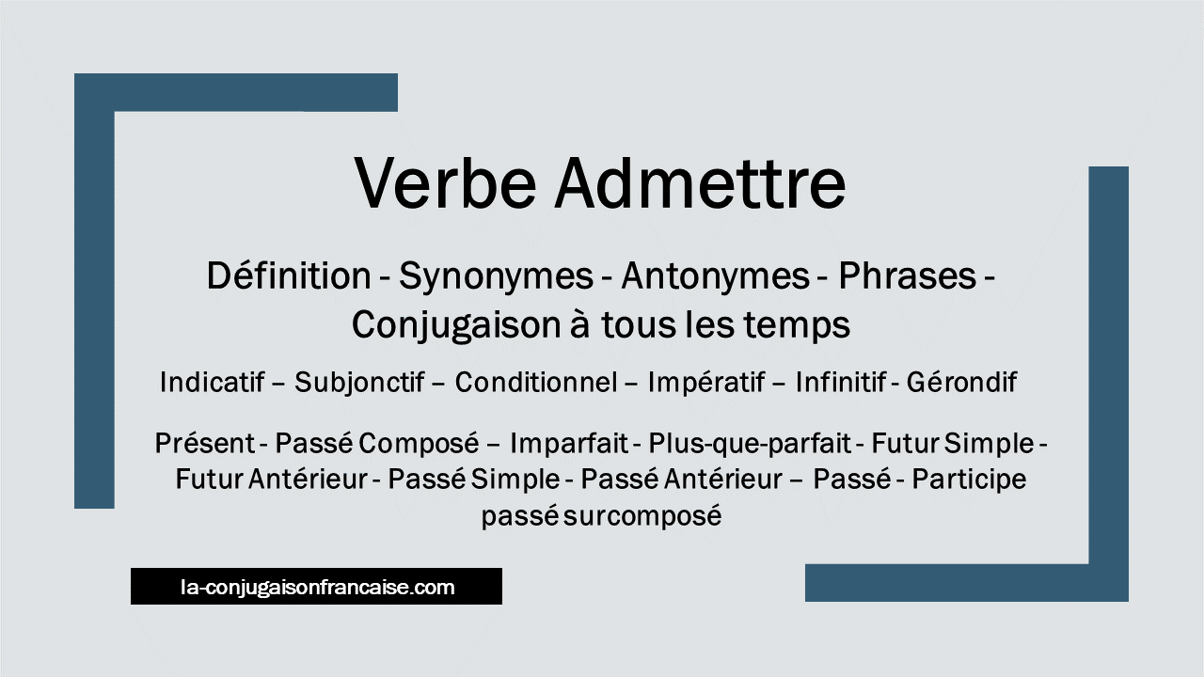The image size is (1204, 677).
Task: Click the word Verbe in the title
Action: (x=445, y=182)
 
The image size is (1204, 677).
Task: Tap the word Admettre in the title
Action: (x=701, y=182)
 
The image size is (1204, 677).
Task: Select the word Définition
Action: (x=289, y=276)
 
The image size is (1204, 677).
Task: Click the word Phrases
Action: (x=908, y=276)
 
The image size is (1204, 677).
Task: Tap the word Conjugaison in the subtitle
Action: (x=457, y=326)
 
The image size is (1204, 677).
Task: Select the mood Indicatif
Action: (x=213, y=382)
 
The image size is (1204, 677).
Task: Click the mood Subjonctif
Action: (x=359, y=383)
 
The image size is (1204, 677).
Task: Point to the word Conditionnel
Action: (x=536, y=382)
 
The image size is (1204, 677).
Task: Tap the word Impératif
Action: (x=706, y=383)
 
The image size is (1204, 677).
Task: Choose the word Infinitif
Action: (x=841, y=382)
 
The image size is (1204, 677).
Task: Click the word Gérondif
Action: (x=961, y=382)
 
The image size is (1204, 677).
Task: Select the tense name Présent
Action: (x=205, y=443)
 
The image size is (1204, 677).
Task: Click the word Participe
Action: (x=969, y=480)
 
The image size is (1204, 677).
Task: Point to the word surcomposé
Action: (x=642, y=517)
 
